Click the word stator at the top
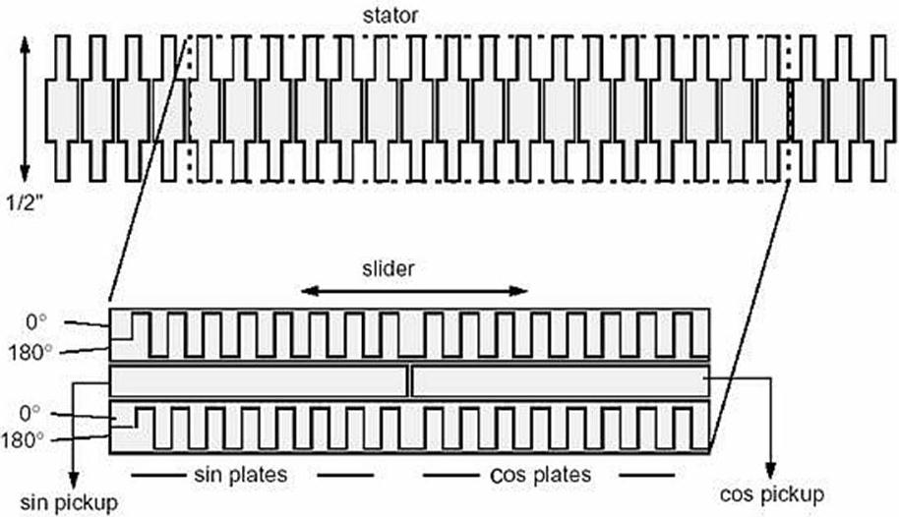pos(390,15)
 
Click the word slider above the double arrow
pos(388,268)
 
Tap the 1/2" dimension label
pos(25,202)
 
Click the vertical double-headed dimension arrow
pos(25,108)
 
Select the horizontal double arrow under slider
pos(414,291)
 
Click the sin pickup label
pos(69,502)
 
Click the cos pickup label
pos(772,493)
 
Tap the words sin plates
pos(241,475)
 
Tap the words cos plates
pos(541,475)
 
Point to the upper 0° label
pos(36,322)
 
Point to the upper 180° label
pos(30,353)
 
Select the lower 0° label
pos(30,413)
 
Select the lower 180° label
pos(23,440)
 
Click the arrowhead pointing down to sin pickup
pos(74,480)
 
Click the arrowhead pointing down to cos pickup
pos(771,470)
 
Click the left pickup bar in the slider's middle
pos(259,381)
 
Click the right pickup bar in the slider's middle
pos(561,381)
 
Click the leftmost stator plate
pos(63,108)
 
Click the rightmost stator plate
pos(878,108)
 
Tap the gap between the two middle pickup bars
pos(409,381)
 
